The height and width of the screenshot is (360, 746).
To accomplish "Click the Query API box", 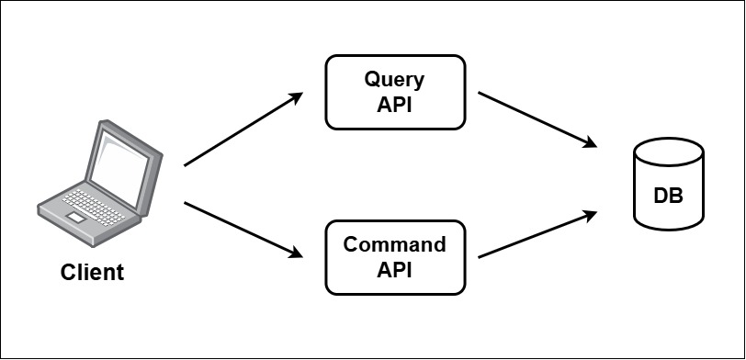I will click(394, 91).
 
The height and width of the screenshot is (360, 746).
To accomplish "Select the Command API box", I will click(394, 258).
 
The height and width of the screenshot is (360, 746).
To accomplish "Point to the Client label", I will click(92, 273).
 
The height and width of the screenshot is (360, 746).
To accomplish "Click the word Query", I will click(394, 79).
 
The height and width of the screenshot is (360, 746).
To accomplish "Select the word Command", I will click(394, 245).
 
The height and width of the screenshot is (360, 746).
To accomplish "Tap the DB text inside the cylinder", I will click(668, 197).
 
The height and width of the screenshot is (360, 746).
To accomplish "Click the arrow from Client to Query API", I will click(243, 129).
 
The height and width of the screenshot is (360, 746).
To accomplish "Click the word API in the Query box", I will click(394, 104).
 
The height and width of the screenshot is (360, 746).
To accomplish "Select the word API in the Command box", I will click(394, 271).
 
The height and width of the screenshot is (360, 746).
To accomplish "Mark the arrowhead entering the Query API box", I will click(296, 96).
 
